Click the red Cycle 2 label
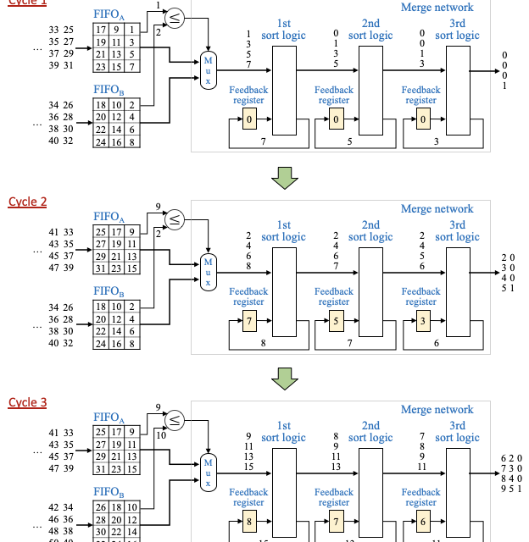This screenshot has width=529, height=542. pyautogui.click(x=27, y=202)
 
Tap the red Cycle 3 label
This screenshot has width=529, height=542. pyautogui.click(x=27, y=402)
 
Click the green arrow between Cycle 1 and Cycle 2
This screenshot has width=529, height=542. pyautogui.click(x=285, y=177)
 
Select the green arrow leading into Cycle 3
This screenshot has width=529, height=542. pyautogui.click(x=285, y=378)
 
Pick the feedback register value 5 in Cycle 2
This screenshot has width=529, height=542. pyautogui.click(x=337, y=321)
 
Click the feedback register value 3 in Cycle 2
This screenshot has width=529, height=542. pyautogui.click(x=423, y=321)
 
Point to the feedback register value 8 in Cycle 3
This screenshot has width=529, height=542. pyautogui.click(x=249, y=522)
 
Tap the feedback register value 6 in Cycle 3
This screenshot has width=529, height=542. pyautogui.click(x=423, y=522)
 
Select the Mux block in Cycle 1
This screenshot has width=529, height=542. pyautogui.click(x=208, y=70)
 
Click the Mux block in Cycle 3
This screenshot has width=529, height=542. pyautogui.click(x=208, y=473)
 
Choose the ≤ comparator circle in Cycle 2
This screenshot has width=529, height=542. pyautogui.click(x=175, y=219)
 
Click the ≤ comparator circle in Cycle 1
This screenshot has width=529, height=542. pyautogui.click(x=175, y=18)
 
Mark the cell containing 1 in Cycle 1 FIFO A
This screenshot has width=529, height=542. pyautogui.click(x=132, y=30)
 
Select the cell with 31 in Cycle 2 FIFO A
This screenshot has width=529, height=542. pyautogui.click(x=101, y=268)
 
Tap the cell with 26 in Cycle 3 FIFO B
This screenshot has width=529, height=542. pyautogui.click(x=101, y=507)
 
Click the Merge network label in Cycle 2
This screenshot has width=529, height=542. pyautogui.click(x=437, y=209)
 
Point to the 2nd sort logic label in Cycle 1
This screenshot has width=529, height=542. pyautogui.click(x=370, y=30)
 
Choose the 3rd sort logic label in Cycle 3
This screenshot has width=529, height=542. pyautogui.click(x=457, y=432)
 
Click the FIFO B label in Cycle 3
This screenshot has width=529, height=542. pyautogui.click(x=109, y=491)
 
